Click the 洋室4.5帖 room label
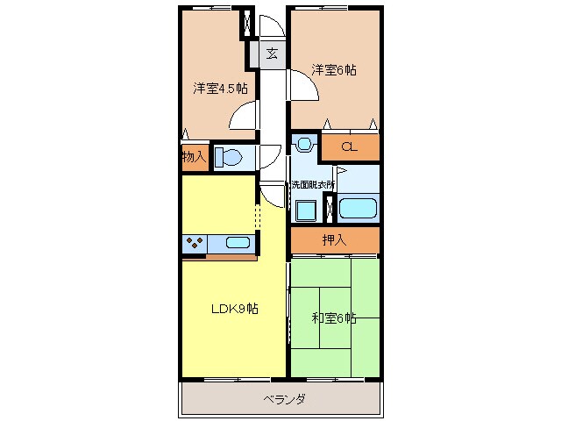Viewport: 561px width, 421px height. click(220, 88)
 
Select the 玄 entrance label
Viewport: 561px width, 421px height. click(272, 53)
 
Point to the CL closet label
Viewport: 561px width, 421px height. click(349, 147)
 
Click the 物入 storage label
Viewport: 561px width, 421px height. click(194, 158)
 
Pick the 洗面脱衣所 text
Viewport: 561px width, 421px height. click(315, 184)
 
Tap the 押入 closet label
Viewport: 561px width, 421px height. click(333, 239)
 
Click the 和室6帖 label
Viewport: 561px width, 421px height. click(334, 318)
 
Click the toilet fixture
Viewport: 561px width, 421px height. click(228, 158)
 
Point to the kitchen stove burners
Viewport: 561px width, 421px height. click(195, 243)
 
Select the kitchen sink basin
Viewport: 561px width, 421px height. click(238, 243)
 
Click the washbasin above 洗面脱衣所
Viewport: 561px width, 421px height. click(303, 142)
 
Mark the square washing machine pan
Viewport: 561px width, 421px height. click(306, 210)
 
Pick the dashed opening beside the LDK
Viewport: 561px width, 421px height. click(257, 215)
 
